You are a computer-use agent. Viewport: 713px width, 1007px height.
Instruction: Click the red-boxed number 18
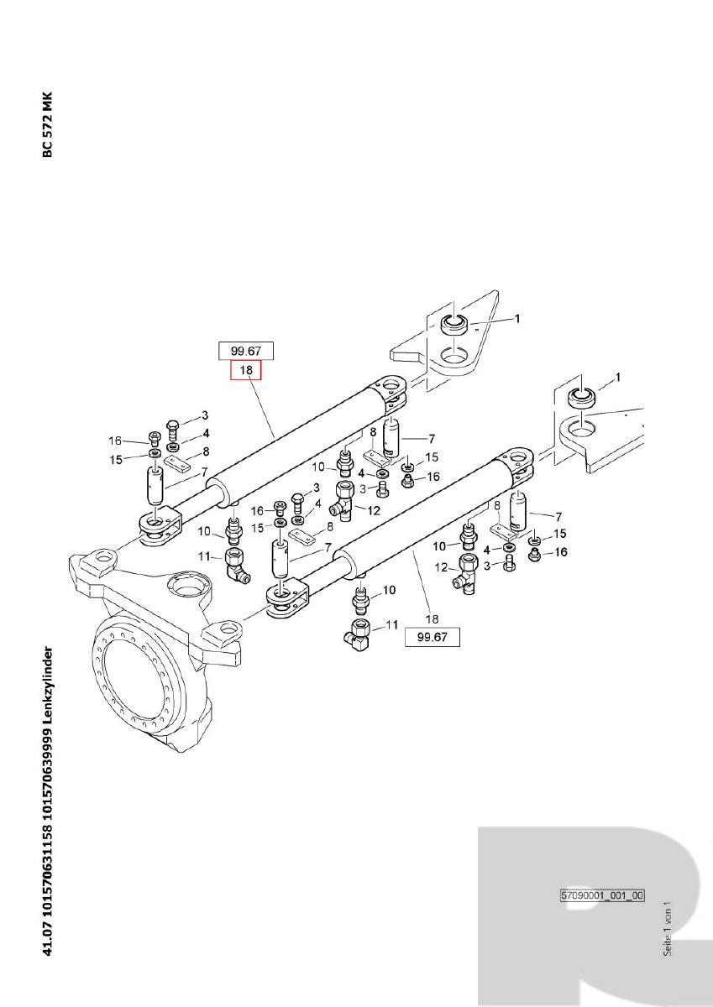pos(246,370)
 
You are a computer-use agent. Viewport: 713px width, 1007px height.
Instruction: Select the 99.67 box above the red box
pos(246,351)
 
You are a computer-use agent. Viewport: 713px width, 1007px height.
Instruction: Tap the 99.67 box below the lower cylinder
pos(433,638)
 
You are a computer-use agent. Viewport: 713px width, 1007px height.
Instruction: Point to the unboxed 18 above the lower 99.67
pos(432,619)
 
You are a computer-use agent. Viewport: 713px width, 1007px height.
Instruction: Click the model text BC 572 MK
pos(48,124)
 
